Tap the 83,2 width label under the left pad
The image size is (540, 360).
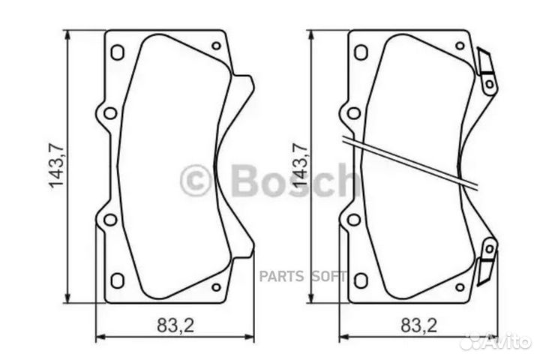pos(173,325)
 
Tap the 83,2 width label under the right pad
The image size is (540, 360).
pos(417,325)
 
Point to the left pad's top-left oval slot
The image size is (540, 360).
pos(117,52)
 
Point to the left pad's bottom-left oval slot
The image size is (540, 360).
pos(117,280)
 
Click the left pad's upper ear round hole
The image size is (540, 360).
pos(109,113)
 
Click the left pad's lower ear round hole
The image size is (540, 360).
pos(109,220)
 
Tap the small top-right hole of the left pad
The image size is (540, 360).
pos(216,46)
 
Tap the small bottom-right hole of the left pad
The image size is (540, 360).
pos(216,286)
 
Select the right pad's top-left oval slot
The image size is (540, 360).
pos(361,52)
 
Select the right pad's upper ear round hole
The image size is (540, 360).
pos(353,113)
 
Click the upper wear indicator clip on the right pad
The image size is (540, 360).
pos(487,71)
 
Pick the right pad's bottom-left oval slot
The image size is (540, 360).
pos(361,280)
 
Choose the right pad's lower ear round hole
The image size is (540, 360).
pos(353,220)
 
